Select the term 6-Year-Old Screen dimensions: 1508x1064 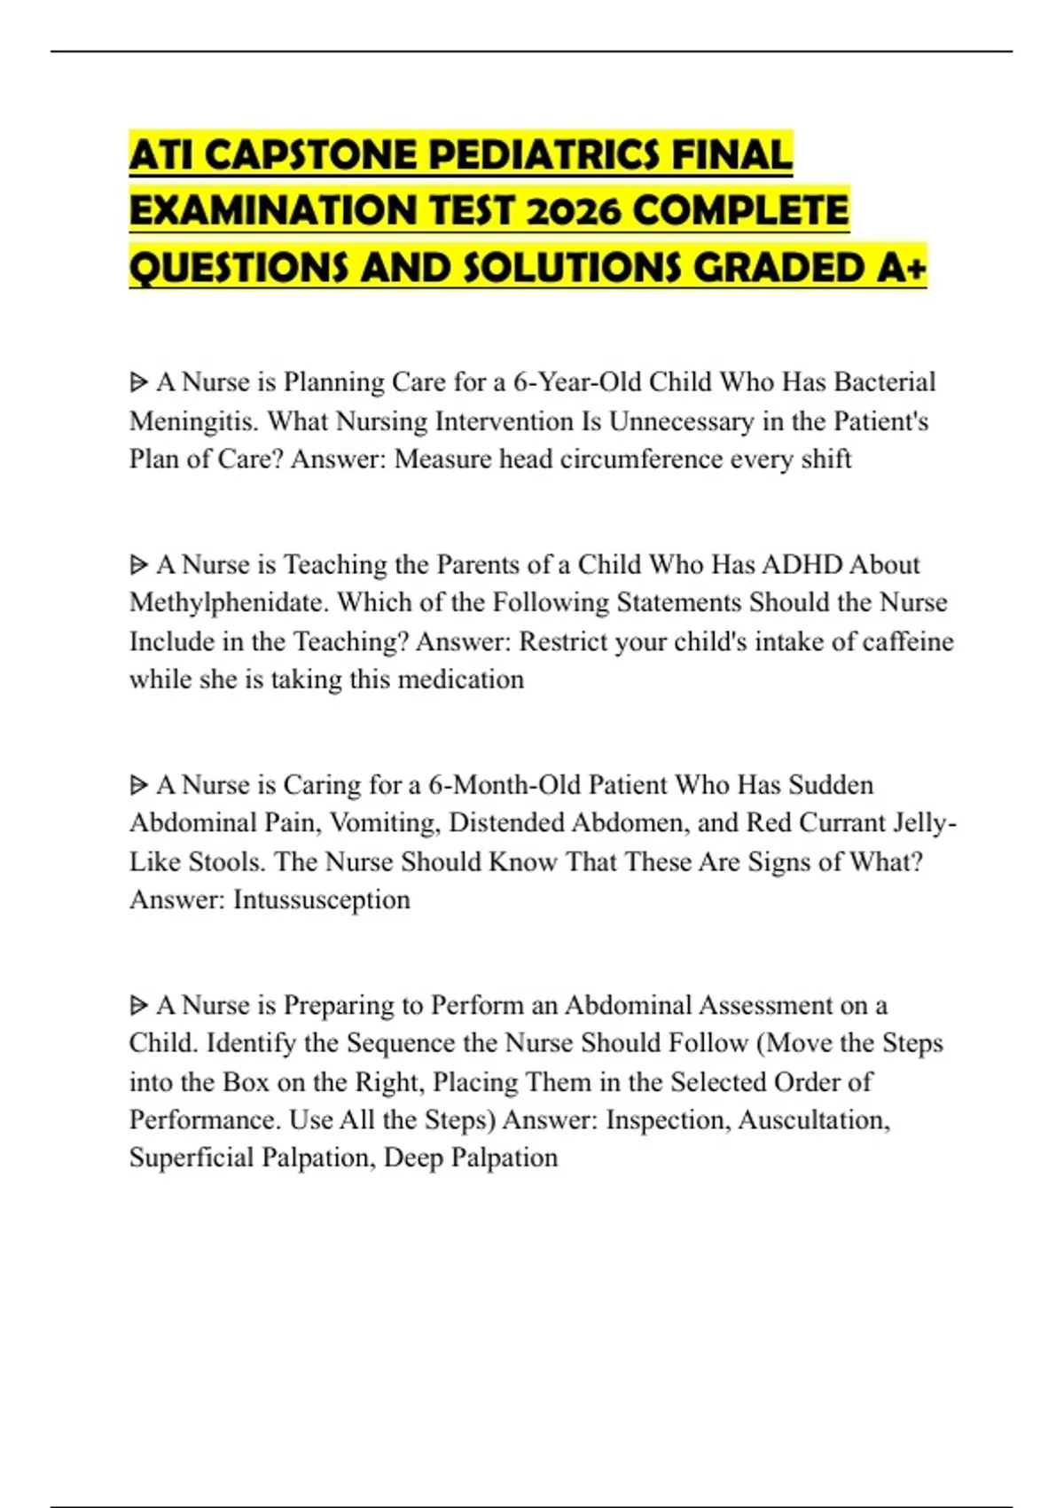[x=576, y=381]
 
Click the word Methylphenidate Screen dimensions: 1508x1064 [x=229, y=602]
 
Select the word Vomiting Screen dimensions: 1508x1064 [x=383, y=822]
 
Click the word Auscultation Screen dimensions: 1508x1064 [x=813, y=1119]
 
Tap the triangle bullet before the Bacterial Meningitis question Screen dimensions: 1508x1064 [x=138, y=382]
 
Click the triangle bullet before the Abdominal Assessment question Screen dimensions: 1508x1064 [x=138, y=1005]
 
